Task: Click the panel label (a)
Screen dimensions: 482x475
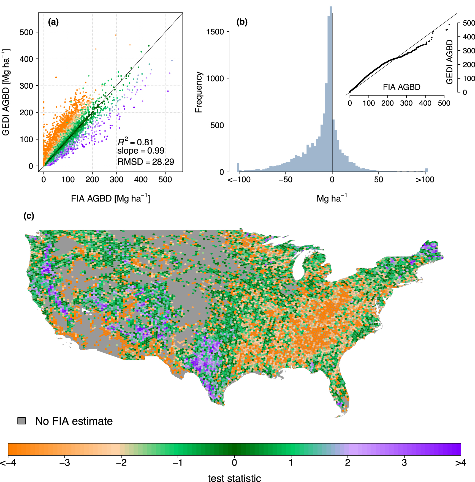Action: click(53, 22)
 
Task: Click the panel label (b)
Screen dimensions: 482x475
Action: click(242, 22)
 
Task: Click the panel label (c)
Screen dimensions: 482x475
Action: click(29, 216)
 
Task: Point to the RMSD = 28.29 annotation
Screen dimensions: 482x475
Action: click(146, 162)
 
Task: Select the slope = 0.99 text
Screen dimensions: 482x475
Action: click(141, 151)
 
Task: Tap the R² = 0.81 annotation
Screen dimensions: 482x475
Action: click(135, 142)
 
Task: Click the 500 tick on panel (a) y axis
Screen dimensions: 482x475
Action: click(26, 32)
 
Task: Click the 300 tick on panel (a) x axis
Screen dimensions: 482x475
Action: click(116, 180)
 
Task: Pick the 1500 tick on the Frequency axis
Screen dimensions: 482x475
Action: click(215, 32)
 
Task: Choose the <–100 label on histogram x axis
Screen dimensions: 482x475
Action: click(239, 180)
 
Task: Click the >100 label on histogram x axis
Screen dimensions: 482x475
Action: click(425, 180)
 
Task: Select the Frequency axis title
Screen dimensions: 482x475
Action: click(199, 92)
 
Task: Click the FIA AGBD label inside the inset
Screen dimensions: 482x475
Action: click(401, 87)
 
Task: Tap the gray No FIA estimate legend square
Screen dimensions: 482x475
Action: click(22, 421)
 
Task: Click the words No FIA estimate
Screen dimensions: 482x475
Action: click(74, 421)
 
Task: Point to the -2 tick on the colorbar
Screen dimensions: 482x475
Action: click(121, 463)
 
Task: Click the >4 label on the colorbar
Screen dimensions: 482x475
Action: click(461, 463)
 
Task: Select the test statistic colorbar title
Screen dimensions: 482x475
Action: click(234, 478)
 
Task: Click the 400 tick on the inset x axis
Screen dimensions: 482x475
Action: click(425, 103)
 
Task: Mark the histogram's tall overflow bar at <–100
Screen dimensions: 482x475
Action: click(238, 168)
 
